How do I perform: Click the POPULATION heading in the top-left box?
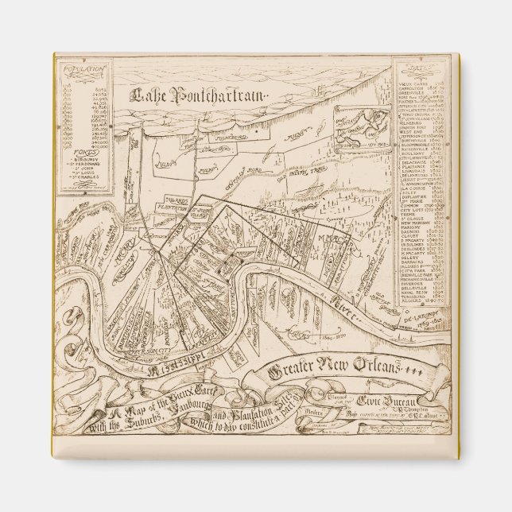pyautogui.click(x=84, y=70)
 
